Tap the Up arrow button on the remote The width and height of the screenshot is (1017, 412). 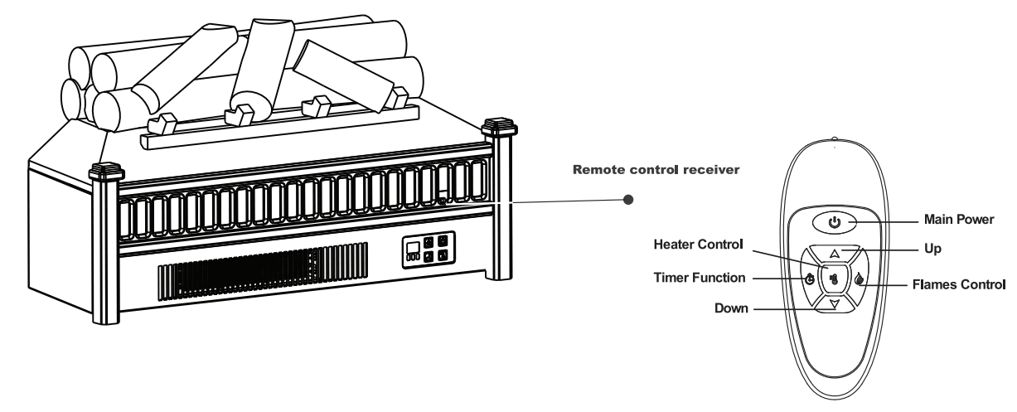point(835,254)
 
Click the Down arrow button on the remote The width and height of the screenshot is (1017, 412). point(835,304)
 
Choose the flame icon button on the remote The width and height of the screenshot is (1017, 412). point(860,279)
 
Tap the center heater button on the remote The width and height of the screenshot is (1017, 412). point(834,279)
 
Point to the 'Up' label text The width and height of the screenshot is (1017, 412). point(932,248)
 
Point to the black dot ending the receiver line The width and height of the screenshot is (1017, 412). point(628,200)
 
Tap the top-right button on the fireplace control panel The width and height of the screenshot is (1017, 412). point(443,241)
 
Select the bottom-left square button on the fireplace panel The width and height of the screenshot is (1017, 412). point(427,257)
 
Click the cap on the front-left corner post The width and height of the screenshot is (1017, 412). point(106,172)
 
